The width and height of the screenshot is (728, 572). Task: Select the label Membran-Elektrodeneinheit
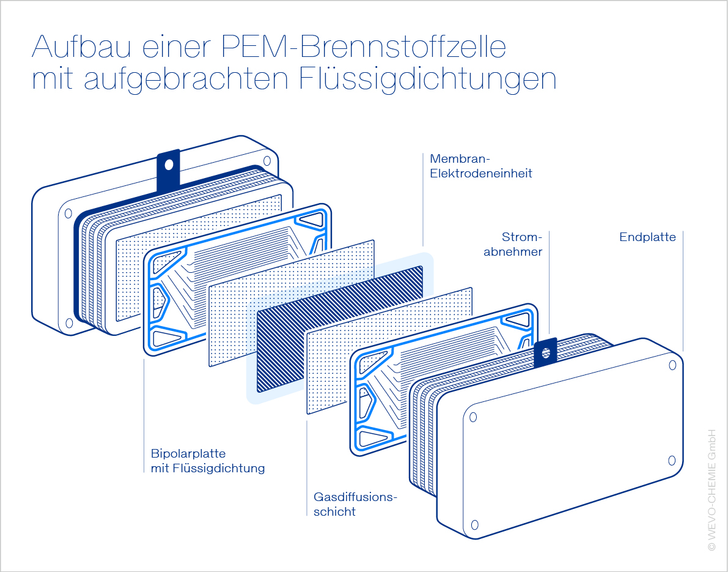click(x=480, y=166)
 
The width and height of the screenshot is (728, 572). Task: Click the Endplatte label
click(x=647, y=237)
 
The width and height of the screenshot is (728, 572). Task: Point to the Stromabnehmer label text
click(x=513, y=244)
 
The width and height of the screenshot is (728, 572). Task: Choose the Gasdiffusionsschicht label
click(x=355, y=504)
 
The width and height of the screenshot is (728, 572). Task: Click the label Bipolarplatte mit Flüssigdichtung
click(x=207, y=461)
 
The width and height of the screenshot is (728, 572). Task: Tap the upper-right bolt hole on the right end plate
click(x=672, y=365)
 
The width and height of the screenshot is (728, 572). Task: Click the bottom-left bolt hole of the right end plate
click(x=474, y=525)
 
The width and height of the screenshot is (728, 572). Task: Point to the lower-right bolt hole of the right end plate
click(x=671, y=460)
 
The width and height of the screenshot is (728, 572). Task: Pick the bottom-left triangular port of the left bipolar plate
click(x=166, y=337)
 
